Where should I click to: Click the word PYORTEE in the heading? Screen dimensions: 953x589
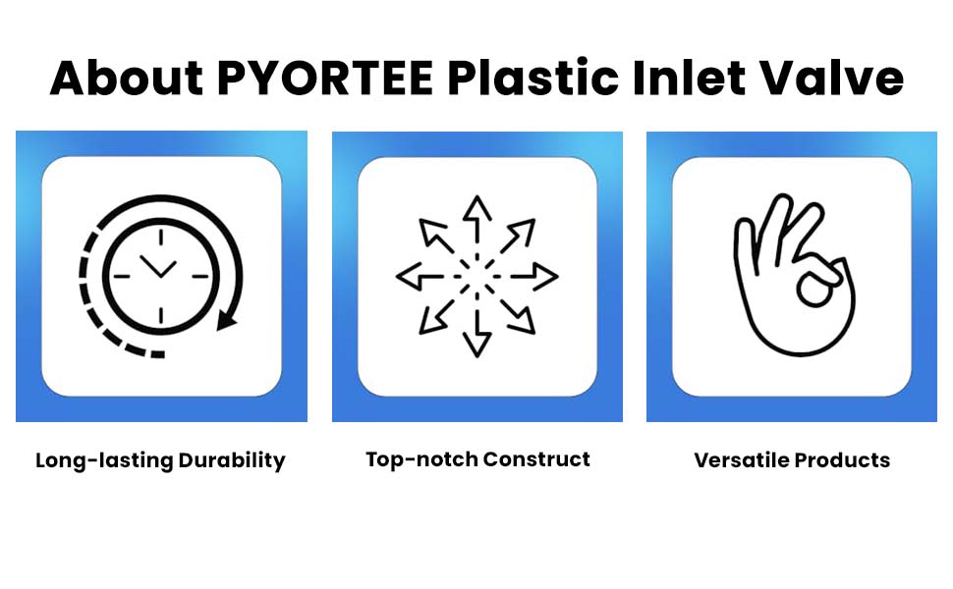point(324,78)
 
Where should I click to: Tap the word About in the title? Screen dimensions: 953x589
point(127,78)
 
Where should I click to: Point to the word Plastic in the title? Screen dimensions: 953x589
point(533,78)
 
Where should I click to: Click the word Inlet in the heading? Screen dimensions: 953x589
point(689,78)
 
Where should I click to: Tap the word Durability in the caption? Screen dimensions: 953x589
point(232,460)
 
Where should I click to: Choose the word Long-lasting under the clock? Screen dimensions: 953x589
point(104,460)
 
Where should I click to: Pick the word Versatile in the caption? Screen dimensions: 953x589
point(742,460)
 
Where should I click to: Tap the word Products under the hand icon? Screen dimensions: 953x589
point(842,460)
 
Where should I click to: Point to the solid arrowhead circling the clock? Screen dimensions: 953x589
point(226,320)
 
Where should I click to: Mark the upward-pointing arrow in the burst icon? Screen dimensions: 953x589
point(477,219)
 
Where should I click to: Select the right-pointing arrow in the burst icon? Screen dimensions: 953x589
point(534,276)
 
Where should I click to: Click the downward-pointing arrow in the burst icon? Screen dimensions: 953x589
point(477,334)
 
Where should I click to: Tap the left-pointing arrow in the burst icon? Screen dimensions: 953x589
point(420,276)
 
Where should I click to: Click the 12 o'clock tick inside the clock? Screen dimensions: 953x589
point(160,237)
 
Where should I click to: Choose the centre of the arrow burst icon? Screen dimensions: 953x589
point(477,276)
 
